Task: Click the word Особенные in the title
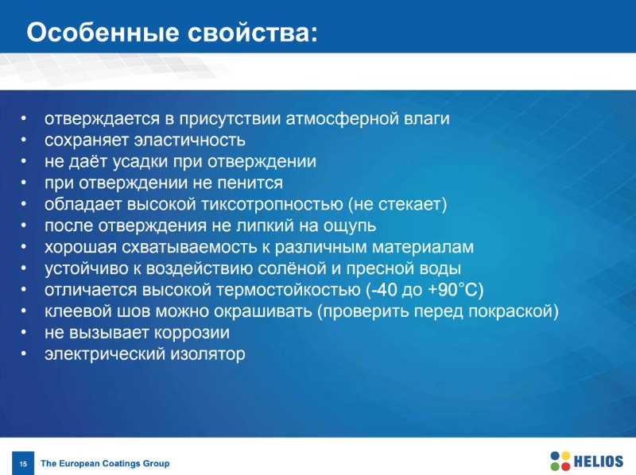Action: (103, 33)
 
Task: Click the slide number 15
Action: (23, 464)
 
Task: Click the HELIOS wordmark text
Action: (599, 461)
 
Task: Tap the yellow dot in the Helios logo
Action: (565, 457)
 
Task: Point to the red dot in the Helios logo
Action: (565, 466)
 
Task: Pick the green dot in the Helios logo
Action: (555, 466)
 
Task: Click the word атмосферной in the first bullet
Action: (342, 119)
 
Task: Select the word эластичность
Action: (189, 141)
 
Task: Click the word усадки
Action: (140, 162)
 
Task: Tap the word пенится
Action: (250, 183)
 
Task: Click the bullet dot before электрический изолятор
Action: (24, 353)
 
